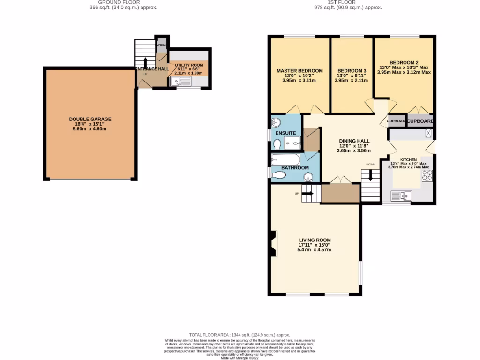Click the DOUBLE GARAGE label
(x=90, y=119)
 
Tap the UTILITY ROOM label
(x=189, y=65)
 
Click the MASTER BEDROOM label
(x=300, y=71)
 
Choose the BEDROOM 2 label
(x=404, y=62)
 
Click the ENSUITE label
(x=285, y=133)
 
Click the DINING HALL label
(x=354, y=141)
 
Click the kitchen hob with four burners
(x=427, y=175)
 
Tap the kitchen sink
(x=401, y=196)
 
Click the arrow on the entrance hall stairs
(x=145, y=63)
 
